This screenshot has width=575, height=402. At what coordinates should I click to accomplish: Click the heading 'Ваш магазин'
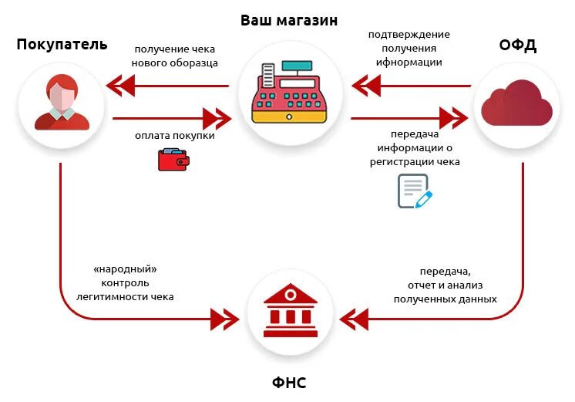288,20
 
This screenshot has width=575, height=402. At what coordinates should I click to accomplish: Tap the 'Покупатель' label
62,43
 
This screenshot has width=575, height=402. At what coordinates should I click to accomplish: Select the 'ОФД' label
517,46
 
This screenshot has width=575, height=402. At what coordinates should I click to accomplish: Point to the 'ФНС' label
290,382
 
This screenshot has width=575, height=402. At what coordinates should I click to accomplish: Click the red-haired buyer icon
61,103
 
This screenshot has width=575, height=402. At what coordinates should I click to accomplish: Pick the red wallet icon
173,160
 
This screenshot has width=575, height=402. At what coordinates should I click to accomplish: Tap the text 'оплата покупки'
175,136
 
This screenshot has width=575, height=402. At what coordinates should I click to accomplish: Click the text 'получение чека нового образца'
175,55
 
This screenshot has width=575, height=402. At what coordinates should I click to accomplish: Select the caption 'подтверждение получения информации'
409,48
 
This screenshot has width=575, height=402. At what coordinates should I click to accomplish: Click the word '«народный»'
125,269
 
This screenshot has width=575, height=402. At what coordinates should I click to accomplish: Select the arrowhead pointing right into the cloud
456,118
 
